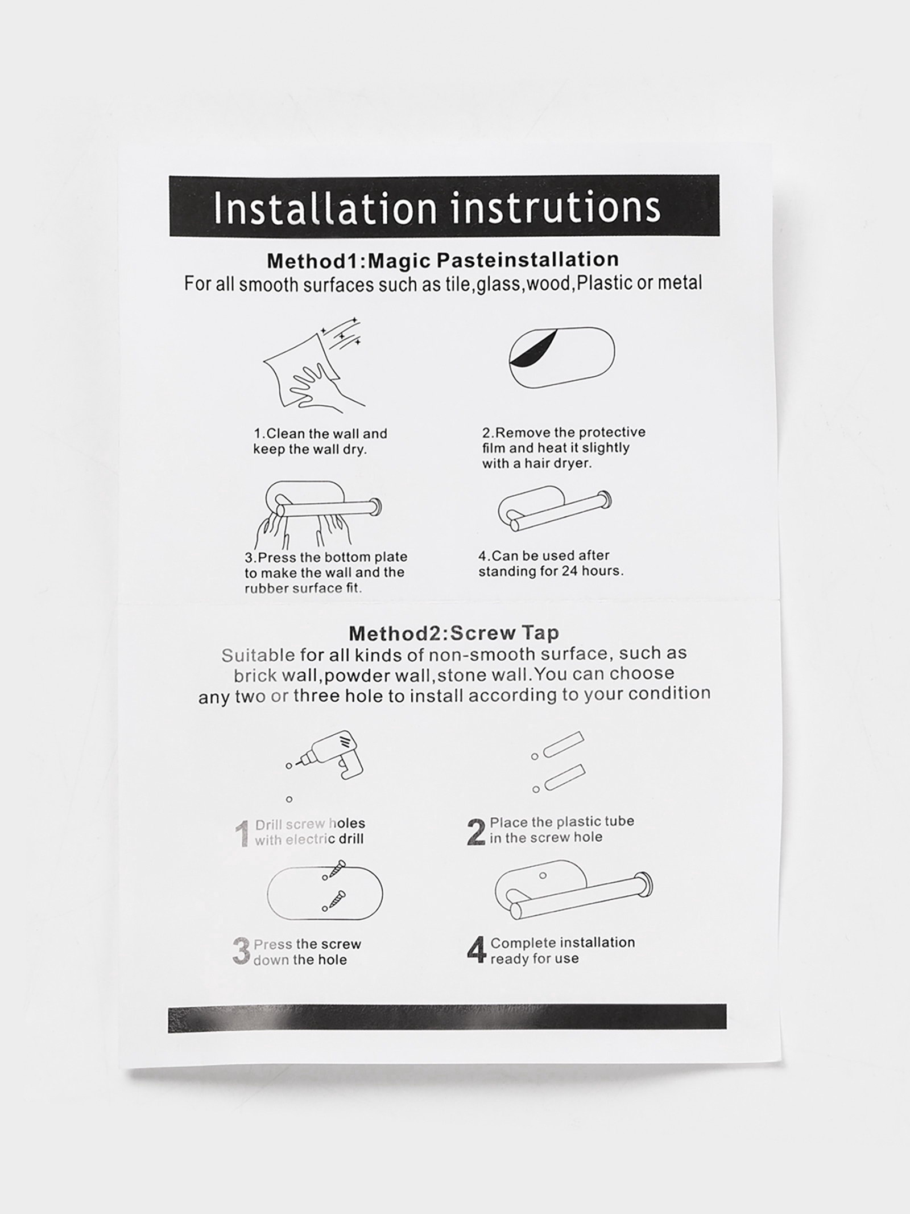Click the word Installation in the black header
coord(325,208)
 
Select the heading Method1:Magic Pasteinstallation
coord(443,261)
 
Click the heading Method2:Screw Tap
coord(454,633)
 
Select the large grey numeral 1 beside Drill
coord(242,834)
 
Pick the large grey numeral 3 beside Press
coord(241,952)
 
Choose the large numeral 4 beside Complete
coord(477,950)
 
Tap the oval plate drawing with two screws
coord(325,894)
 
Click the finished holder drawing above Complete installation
coord(573,896)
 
